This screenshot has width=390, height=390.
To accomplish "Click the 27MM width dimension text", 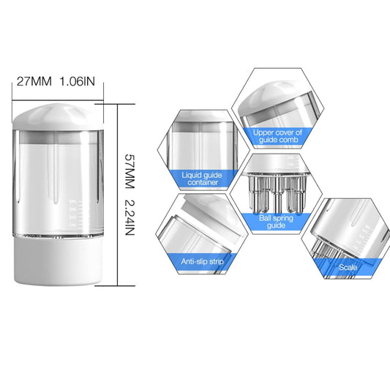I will (x=32, y=81).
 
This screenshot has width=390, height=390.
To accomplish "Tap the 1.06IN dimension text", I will (x=77, y=81).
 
